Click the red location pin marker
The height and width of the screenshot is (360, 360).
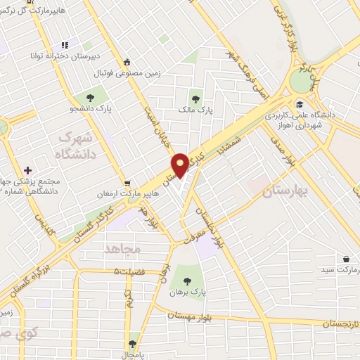point(181,165)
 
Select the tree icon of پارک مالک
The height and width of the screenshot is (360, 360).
point(196,99)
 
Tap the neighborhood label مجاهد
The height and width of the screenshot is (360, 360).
point(123,249)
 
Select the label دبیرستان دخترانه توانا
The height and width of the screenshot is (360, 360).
point(70,55)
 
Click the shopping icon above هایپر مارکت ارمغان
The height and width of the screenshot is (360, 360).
point(126,183)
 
